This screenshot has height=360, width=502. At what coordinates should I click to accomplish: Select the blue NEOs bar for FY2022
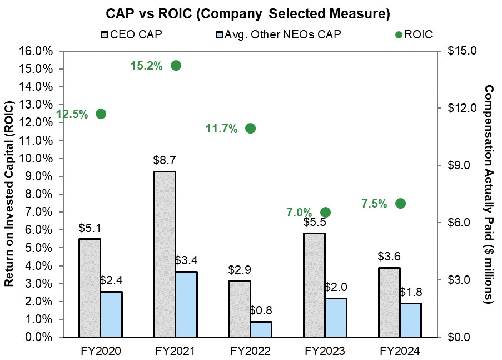(x=261, y=329)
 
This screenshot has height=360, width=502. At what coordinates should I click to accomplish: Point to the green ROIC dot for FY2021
(x=176, y=66)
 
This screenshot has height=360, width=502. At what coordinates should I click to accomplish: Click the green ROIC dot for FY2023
(x=325, y=212)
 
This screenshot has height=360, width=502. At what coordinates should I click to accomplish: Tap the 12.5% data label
(x=72, y=115)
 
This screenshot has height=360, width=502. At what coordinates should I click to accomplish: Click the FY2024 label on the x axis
(x=400, y=351)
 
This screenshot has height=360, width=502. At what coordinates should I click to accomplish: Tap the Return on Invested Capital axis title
(x=9, y=194)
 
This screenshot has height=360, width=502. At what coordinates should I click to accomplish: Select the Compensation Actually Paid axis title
(x=489, y=194)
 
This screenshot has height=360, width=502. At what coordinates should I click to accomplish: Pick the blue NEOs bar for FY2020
(x=111, y=314)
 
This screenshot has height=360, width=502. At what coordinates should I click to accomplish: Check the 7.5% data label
(x=374, y=204)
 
